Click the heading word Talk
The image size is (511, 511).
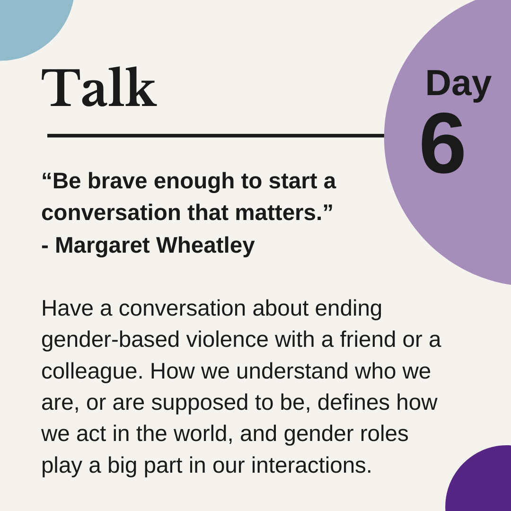coord(99,87)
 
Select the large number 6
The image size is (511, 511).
coord(442,143)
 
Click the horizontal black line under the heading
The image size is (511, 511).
coord(216,136)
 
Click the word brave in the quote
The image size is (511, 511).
coord(117,181)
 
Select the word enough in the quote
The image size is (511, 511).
coord(194,182)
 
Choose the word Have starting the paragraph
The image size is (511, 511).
coord(67,308)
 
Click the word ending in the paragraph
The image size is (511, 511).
coord(348,309)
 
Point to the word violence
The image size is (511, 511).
coord(227,339)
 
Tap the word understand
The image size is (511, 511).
coord(292,371)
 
